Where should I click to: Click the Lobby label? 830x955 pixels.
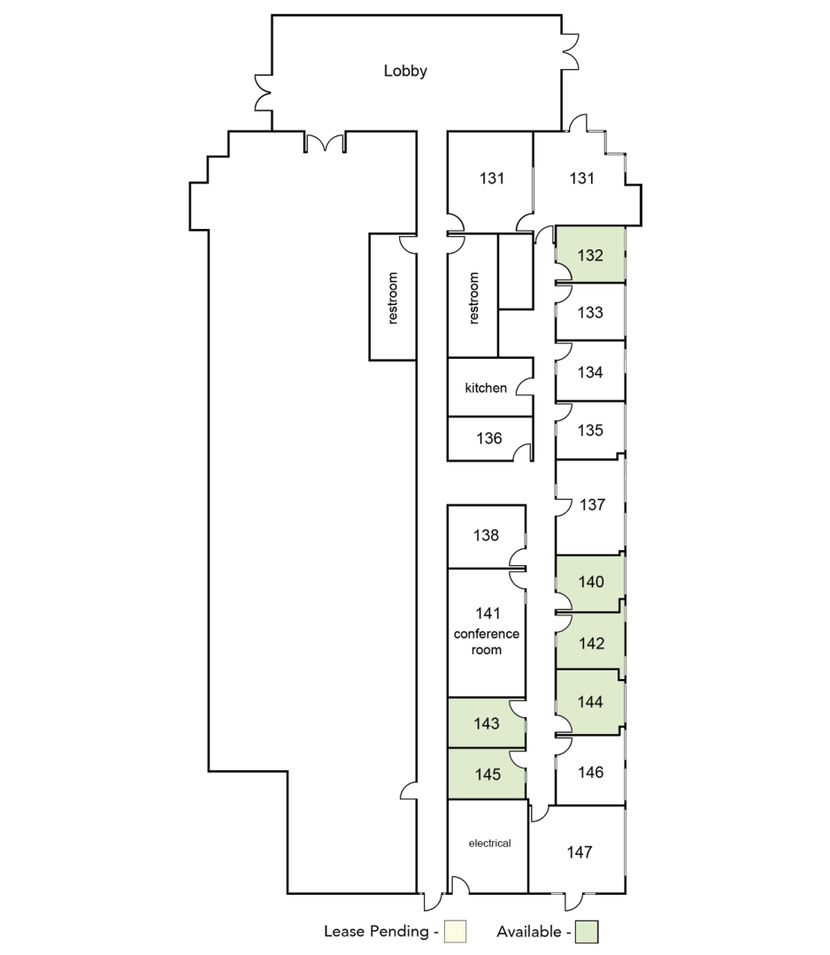tap(405, 72)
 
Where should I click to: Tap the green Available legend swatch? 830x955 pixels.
tap(588, 931)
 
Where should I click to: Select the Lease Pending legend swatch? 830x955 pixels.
tap(455, 931)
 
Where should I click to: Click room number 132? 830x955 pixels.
tap(590, 256)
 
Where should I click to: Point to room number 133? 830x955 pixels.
tap(590, 312)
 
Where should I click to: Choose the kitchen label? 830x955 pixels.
tap(486, 388)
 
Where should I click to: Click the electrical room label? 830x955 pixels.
tap(490, 844)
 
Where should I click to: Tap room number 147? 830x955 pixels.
tap(579, 852)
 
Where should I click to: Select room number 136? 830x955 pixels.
tap(488, 438)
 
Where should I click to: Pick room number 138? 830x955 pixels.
tap(486, 535)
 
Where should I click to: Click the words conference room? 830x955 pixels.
tap(487, 642)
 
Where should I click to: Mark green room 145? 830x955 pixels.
tap(487, 774)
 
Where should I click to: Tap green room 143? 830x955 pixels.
tap(487, 723)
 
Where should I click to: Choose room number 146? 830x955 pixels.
tap(590, 772)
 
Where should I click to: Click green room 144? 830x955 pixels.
tap(590, 701)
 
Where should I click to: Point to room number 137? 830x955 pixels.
tap(592, 504)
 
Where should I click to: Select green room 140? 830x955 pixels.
tap(590, 583)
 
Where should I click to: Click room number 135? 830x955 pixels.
tap(590, 430)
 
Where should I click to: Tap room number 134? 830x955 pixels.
tap(590, 372)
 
